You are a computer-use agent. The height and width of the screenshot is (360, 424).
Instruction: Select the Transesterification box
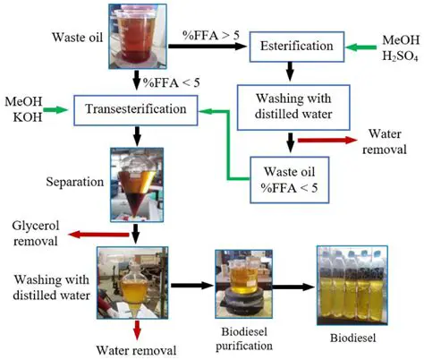point(135,110)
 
